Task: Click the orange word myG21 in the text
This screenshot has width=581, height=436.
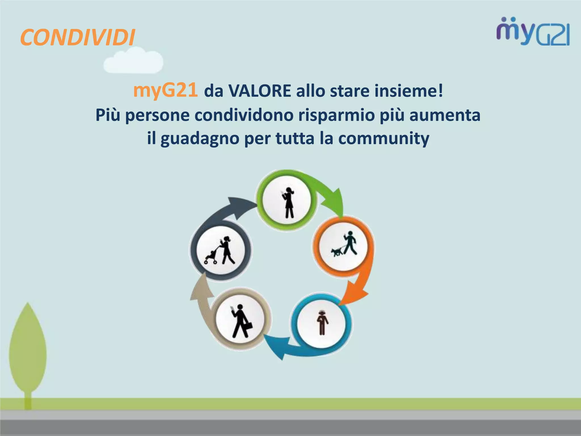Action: [x=165, y=91]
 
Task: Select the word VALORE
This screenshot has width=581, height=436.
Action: [x=260, y=91]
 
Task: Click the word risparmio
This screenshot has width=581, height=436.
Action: [x=336, y=115]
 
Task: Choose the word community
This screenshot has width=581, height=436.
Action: [x=384, y=139]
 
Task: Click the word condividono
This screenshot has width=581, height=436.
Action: [x=244, y=115]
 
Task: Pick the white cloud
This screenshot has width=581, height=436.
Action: [x=133, y=62]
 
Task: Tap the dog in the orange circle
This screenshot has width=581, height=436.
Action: [x=337, y=251]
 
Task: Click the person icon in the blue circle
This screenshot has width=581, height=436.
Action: [x=322, y=322]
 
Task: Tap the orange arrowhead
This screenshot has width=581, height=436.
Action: [x=355, y=295]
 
